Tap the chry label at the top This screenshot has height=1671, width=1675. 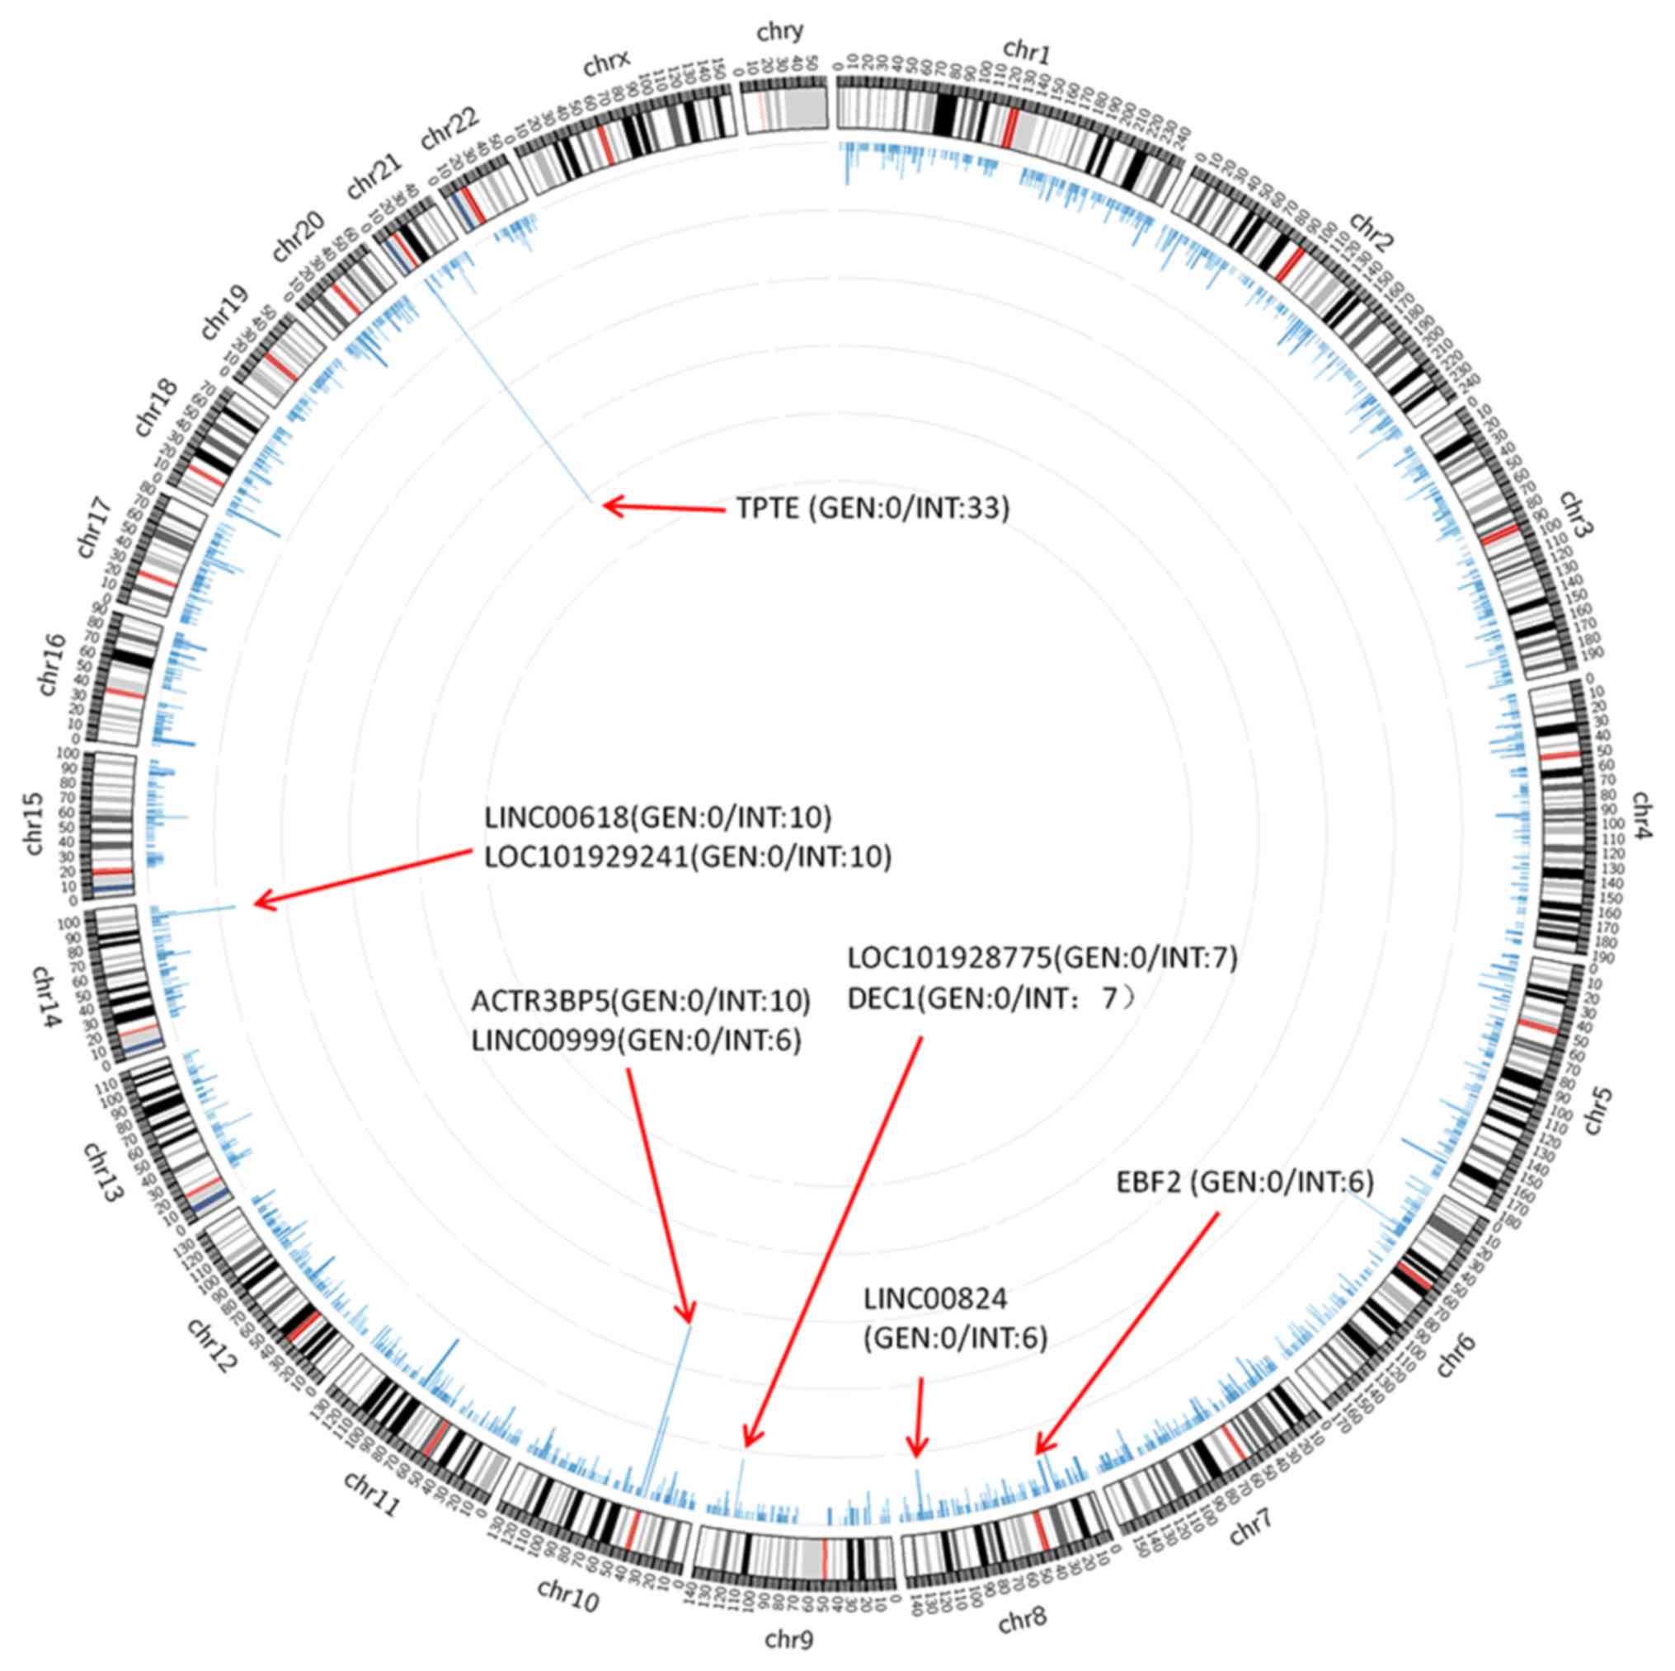(x=779, y=33)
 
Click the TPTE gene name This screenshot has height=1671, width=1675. (x=767, y=508)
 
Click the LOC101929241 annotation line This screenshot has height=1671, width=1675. (x=688, y=857)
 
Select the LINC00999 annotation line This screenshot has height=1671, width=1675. (x=637, y=1041)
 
